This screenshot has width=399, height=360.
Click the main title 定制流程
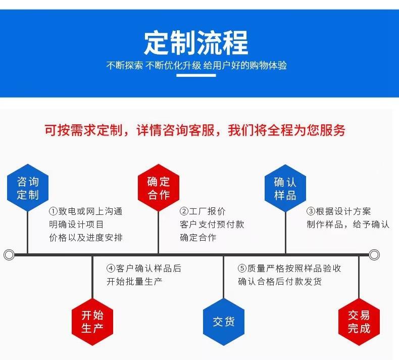(x=196, y=42)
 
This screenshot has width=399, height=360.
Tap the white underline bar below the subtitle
(x=196, y=75)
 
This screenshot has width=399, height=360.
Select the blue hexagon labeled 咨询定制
(x=28, y=188)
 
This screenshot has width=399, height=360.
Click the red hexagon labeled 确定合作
(x=159, y=188)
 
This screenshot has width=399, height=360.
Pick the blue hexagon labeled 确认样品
(x=285, y=188)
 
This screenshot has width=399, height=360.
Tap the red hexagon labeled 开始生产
(x=92, y=322)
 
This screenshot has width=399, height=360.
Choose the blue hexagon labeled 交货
(x=224, y=322)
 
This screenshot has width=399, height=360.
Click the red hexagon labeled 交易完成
(x=359, y=322)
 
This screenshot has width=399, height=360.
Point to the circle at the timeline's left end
(x=9, y=254)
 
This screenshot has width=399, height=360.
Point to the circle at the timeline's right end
(x=374, y=254)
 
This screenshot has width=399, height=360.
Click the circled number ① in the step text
(x=53, y=211)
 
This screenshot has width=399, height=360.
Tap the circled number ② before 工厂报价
(x=184, y=211)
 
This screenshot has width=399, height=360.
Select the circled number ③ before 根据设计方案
(x=311, y=211)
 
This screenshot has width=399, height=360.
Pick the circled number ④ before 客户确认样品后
(x=111, y=268)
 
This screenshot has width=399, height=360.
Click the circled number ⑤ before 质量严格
(x=242, y=268)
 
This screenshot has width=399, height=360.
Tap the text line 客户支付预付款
(x=212, y=224)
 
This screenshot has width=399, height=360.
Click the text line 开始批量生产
(x=134, y=282)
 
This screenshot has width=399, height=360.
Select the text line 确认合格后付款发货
(x=280, y=282)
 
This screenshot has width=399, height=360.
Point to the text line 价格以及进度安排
(x=86, y=238)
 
